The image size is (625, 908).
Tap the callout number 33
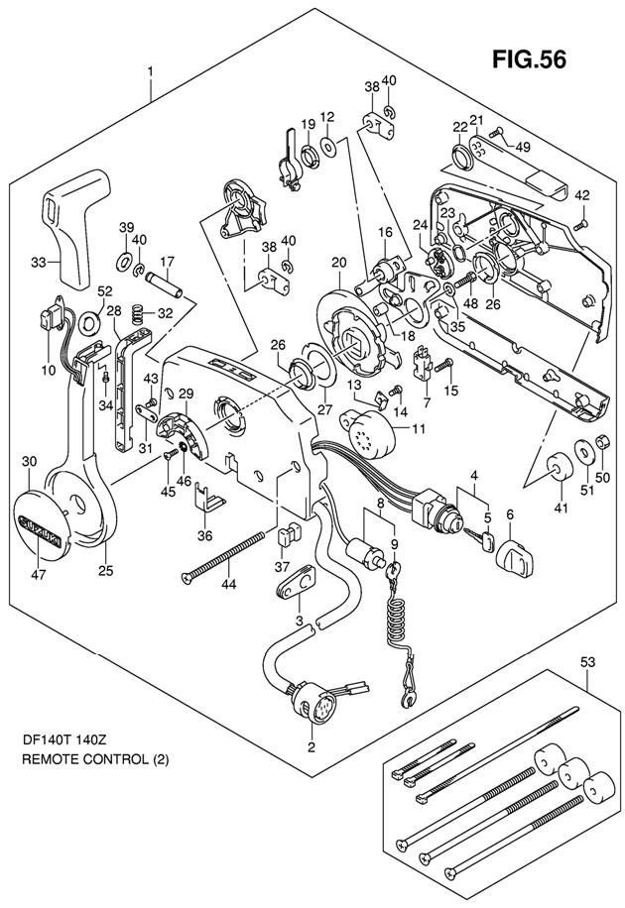38,262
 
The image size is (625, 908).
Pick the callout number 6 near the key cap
510,513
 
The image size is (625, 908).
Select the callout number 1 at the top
151,71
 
